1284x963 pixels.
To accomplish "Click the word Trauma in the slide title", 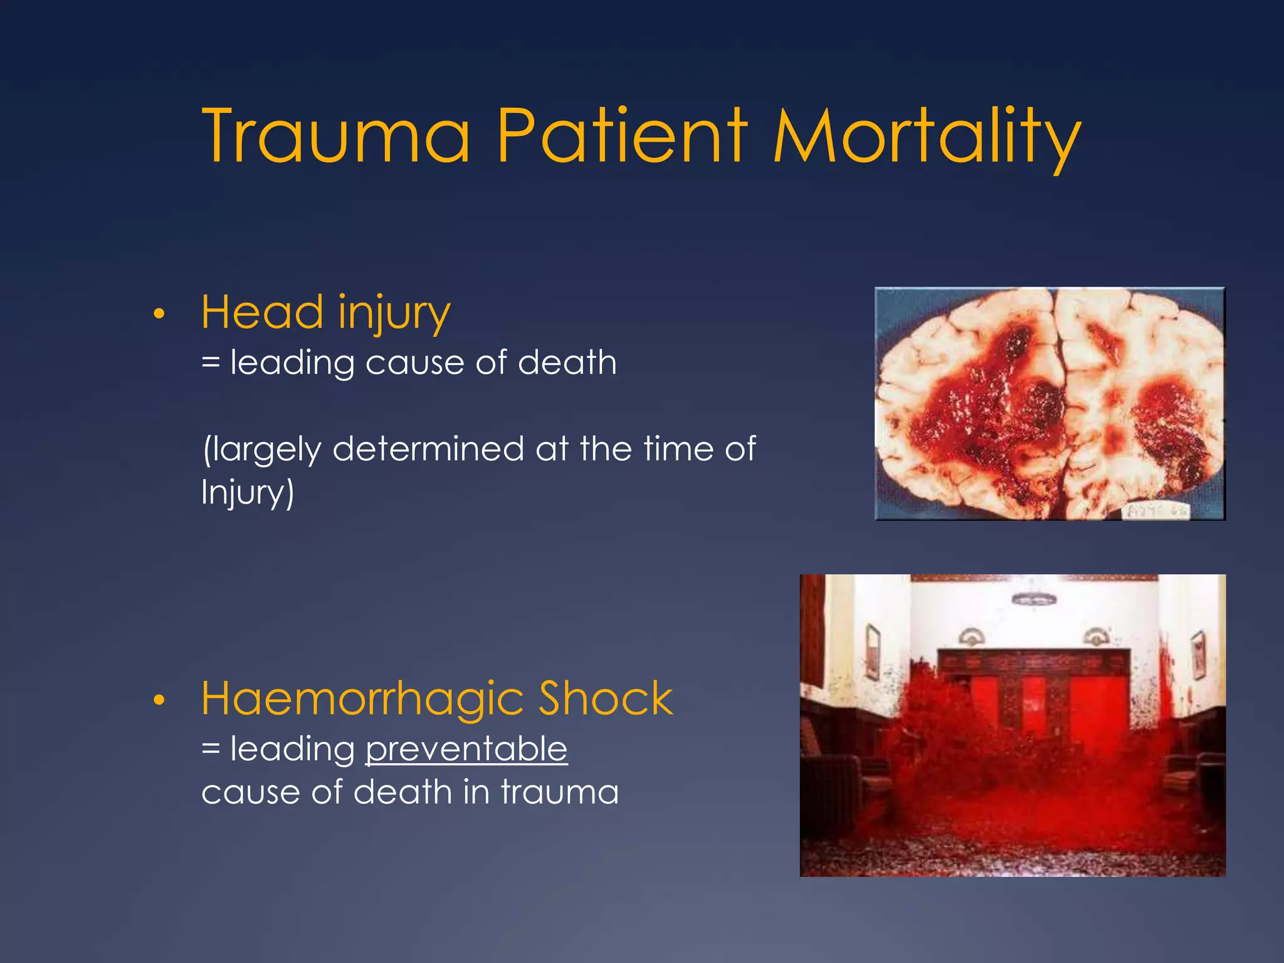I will click(336, 136).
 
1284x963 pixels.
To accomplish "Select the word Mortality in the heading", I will click(927, 136).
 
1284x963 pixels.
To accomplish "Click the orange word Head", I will click(263, 312).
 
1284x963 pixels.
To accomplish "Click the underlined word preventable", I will click(466, 749).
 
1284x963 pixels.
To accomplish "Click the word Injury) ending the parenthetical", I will click(247, 492).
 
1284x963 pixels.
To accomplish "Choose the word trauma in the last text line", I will click(559, 792).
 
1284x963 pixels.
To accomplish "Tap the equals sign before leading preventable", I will click(211, 749).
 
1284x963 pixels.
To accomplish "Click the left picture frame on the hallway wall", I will click(873, 652).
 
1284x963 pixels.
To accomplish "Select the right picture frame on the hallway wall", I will click(1197, 655).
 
